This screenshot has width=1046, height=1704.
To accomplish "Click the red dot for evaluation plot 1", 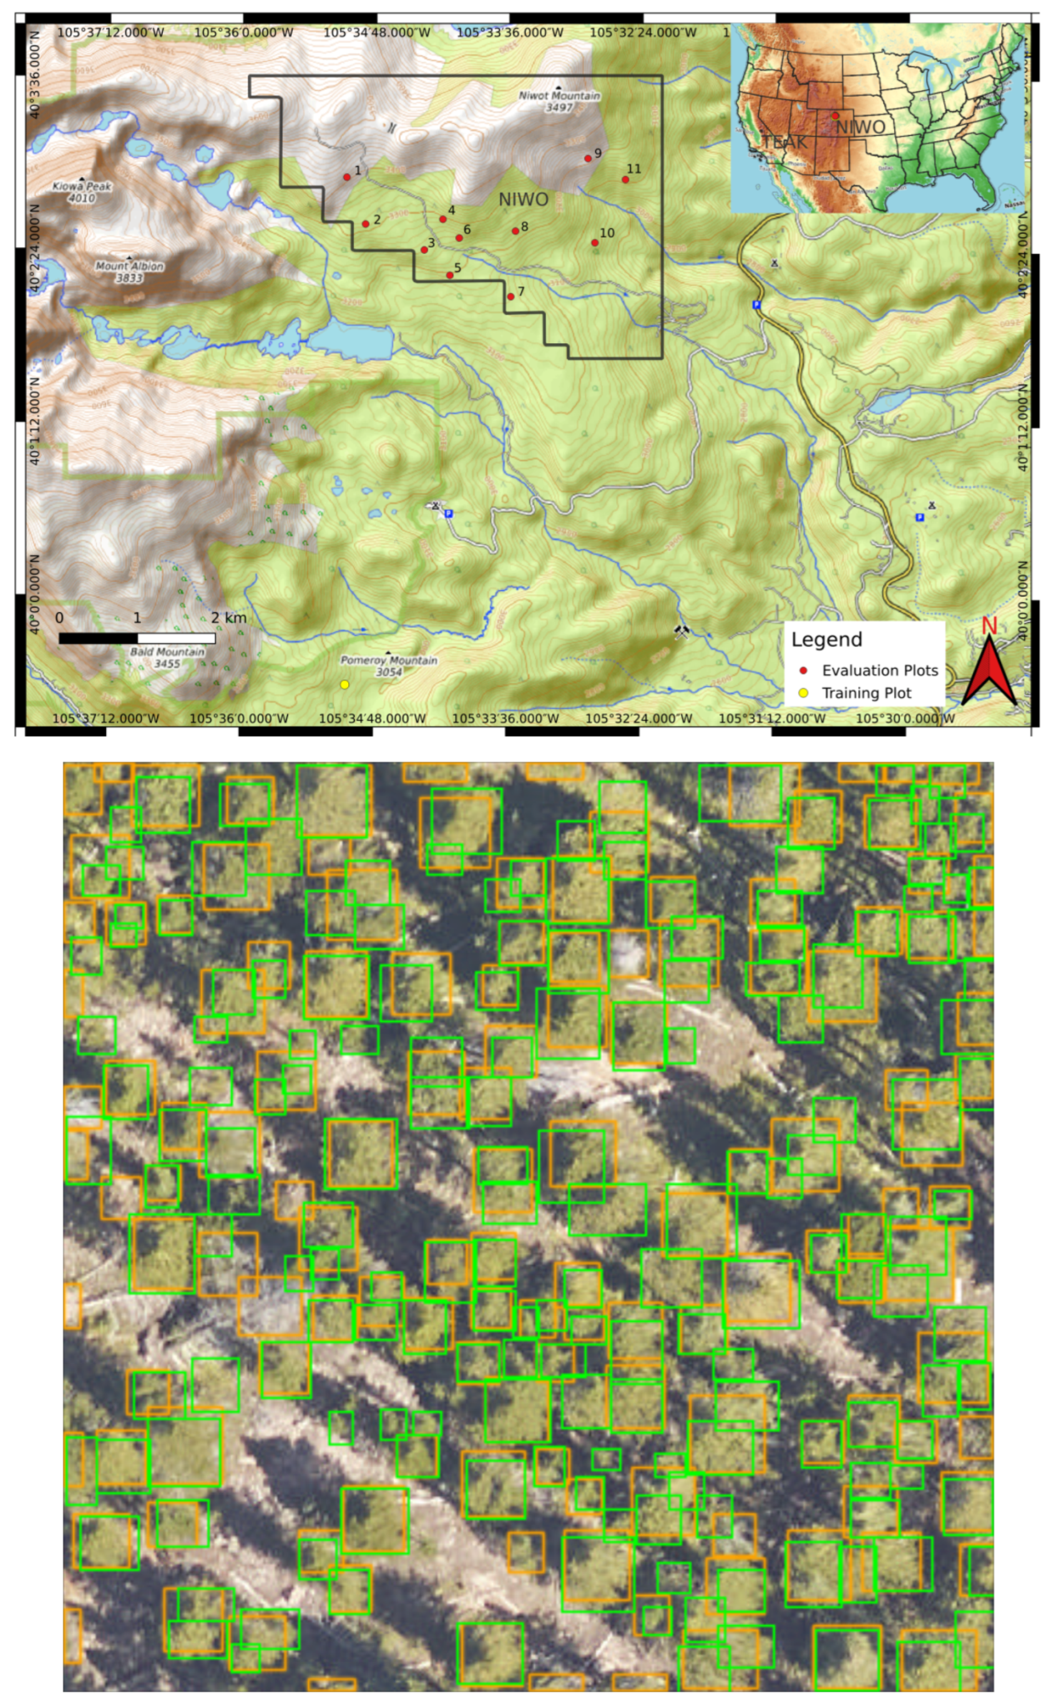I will pos(347,177).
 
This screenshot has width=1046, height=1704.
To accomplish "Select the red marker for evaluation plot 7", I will pos(511,297).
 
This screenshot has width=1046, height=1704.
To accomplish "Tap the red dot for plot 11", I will pos(625,180).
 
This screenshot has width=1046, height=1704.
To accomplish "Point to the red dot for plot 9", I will pos(588,159).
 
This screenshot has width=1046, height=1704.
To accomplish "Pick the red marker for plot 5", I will pos(450,275).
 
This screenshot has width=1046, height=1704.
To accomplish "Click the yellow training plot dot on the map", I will pos(345,684).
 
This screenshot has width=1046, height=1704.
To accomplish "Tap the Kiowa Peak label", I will pos(82,192).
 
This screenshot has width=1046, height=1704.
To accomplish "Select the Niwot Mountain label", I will pos(559,101).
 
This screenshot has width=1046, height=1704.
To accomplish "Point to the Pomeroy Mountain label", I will pos(389,665).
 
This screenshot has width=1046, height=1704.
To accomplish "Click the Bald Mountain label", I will pos(167,657).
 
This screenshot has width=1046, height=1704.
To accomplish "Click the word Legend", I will pos(827,639).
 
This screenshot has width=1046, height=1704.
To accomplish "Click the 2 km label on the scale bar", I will pos(228,618).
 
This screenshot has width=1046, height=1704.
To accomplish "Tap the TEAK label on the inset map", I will pos(784,142).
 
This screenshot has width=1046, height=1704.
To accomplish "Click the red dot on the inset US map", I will pos(835,115).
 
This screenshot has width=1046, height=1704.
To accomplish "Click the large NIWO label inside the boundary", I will pos(523,200).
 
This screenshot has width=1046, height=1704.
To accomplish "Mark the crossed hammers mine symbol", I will pos(682,631).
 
